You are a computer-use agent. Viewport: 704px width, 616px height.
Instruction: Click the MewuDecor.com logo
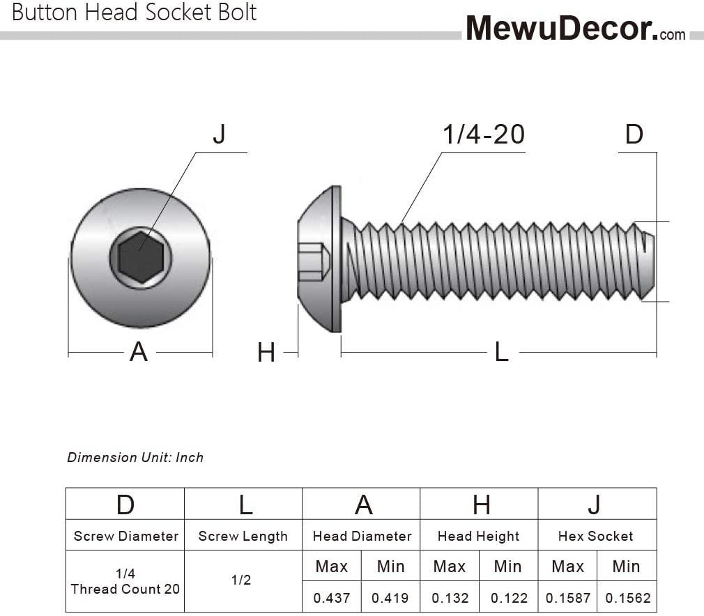tap(576, 29)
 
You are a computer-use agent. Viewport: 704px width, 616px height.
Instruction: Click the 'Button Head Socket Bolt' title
tap(135, 12)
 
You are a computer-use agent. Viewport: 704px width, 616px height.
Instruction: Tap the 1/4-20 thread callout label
tap(484, 134)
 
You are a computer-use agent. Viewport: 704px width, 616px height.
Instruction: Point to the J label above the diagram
tap(219, 134)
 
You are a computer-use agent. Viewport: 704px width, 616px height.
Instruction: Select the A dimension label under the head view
tap(139, 351)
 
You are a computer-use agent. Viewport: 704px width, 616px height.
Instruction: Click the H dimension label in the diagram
tap(266, 353)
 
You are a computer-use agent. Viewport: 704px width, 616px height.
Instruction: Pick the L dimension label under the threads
tap(501, 352)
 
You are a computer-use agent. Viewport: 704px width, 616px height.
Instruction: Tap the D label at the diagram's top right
tap(634, 134)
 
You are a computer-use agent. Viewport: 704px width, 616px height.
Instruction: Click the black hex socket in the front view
tap(141, 257)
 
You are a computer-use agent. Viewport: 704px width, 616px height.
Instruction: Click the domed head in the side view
tap(319, 259)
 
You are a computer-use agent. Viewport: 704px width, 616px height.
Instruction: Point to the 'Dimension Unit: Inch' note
tap(135, 458)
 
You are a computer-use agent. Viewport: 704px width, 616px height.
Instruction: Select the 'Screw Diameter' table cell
tap(125, 536)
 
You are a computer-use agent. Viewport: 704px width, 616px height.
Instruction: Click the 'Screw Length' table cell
tap(243, 536)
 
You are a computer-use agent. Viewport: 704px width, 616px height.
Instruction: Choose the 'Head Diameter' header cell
tap(362, 536)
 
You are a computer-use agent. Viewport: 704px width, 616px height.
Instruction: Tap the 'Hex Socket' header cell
tap(595, 536)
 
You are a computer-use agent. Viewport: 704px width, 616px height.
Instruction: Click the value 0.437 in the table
tap(331, 598)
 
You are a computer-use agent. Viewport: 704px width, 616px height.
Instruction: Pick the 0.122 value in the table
tap(509, 598)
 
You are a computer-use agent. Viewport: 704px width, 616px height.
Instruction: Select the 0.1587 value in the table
tap(568, 598)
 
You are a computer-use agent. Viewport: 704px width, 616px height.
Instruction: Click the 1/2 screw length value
tap(241, 580)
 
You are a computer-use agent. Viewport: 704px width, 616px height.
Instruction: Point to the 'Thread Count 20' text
tap(125, 589)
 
